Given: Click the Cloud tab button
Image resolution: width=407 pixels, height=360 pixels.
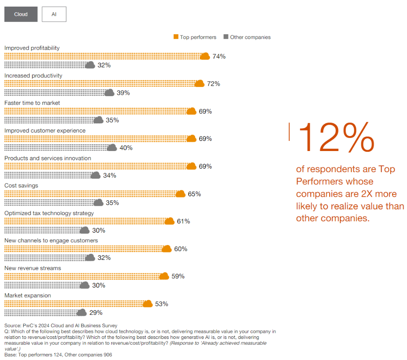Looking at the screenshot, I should (21, 14).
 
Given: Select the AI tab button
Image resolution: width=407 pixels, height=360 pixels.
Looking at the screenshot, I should (54, 14).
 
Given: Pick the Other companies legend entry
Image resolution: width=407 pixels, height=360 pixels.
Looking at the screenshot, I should (247, 37).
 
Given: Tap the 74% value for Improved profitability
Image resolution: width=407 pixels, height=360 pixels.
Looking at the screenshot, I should (219, 56).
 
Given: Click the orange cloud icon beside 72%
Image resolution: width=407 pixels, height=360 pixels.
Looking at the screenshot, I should (200, 83).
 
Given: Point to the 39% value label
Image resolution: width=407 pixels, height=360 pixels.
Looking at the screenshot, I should (123, 93).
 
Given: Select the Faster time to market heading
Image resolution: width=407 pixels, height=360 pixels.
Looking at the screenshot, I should (32, 103).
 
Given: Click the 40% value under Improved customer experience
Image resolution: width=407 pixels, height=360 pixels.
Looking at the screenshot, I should (126, 148).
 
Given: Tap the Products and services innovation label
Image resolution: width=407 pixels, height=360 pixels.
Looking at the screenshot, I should (48, 158).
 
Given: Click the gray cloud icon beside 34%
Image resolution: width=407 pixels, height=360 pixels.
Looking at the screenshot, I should (95, 175).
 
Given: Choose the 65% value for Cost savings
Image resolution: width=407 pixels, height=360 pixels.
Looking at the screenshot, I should (194, 194).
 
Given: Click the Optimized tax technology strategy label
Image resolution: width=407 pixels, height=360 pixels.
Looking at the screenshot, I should (49, 213).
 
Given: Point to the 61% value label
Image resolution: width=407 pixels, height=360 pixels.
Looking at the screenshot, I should (183, 221).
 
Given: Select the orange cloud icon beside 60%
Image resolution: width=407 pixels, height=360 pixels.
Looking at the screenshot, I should (166, 249).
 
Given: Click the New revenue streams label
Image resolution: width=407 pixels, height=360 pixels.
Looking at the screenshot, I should (33, 268).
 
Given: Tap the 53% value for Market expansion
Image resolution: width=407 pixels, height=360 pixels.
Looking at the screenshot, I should (161, 304).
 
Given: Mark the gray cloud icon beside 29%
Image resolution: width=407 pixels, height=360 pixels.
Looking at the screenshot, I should (81, 313).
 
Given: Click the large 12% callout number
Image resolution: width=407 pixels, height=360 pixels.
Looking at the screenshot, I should (336, 137).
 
